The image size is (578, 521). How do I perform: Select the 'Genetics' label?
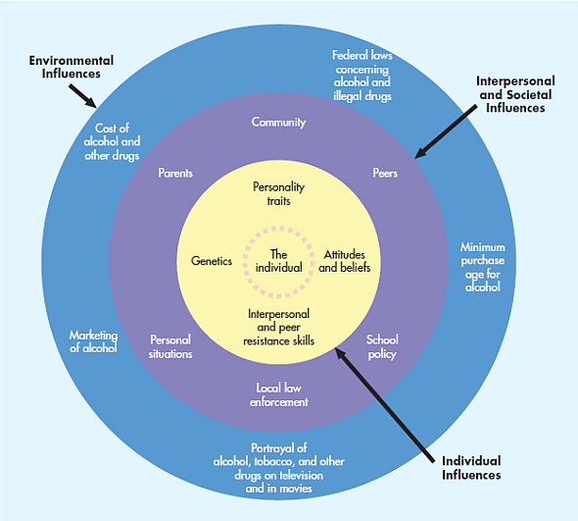pyautogui.click(x=212, y=261)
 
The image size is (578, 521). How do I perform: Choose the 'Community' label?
pyautogui.click(x=279, y=123)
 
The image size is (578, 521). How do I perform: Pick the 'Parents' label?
pyautogui.click(x=175, y=174)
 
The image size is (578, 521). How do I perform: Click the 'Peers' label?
pyautogui.click(x=385, y=174)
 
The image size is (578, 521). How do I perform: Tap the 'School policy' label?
pyautogui.click(x=382, y=346)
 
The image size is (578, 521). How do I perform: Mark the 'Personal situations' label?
pyautogui.click(x=171, y=346)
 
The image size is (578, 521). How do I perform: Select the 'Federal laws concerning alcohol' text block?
pyautogui.click(x=362, y=76)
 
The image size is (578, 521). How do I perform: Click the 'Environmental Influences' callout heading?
pyautogui.click(x=70, y=67)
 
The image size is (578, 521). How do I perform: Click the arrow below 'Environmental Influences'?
pyautogui.click(x=82, y=94)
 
